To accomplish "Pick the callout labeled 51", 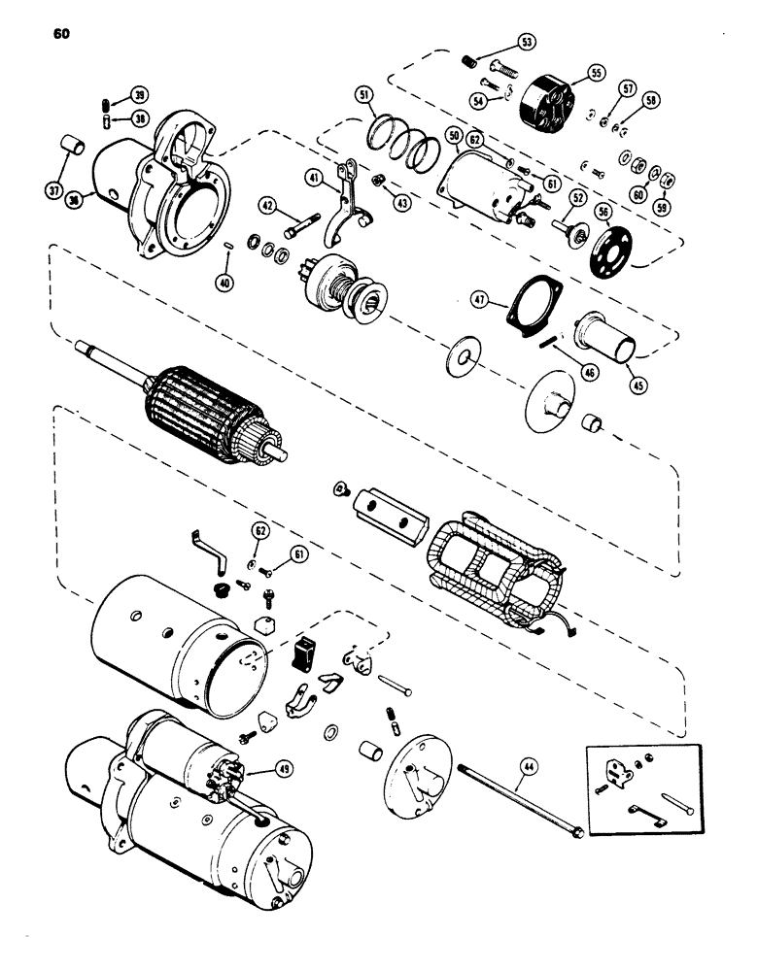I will (x=363, y=95).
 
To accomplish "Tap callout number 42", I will (x=269, y=205).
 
